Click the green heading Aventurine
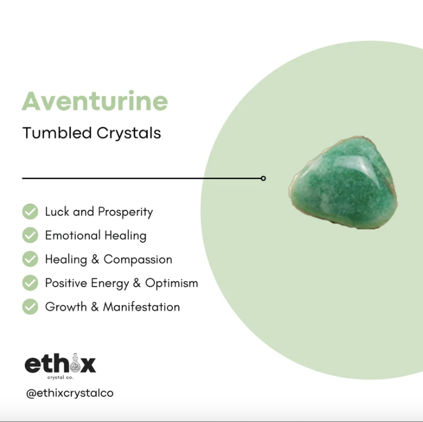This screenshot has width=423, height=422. (x=95, y=102)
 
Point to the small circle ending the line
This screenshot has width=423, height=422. (x=264, y=178)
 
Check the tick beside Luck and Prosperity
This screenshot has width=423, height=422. (x=30, y=212)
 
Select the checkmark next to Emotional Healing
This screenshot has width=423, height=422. (x=30, y=235)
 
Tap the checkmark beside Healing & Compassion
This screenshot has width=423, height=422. (x=30, y=259)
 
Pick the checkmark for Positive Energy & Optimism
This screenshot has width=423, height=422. (x=30, y=283)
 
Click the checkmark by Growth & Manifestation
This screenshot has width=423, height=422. (x=30, y=307)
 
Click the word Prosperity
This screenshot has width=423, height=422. (x=125, y=212)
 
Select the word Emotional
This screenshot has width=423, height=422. (x=69, y=235)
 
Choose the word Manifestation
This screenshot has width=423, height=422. (x=141, y=307)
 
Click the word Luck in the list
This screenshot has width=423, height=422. (x=56, y=212)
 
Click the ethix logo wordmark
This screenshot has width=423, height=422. (x=60, y=364)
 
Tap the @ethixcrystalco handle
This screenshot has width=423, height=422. (x=70, y=394)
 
